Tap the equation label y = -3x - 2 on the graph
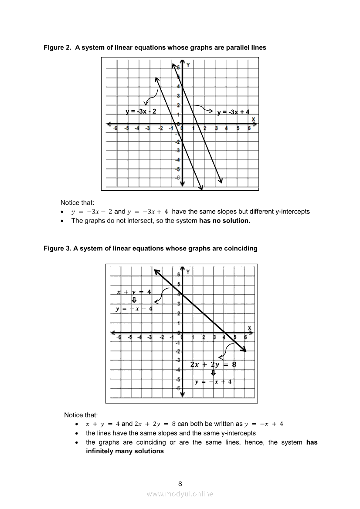point(141,111)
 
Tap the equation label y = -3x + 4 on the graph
point(233,112)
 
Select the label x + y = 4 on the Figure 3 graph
point(134,292)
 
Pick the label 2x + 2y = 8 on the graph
point(213,364)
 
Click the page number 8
point(180,483)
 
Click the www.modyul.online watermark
point(180,494)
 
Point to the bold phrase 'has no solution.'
point(224,221)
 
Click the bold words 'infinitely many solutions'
point(125,451)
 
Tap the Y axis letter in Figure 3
point(188,272)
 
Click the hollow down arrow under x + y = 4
point(134,300)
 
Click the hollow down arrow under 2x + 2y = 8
point(213,373)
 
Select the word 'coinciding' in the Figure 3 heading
point(241,249)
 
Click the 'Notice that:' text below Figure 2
point(77,202)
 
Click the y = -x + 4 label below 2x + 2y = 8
point(213,382)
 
